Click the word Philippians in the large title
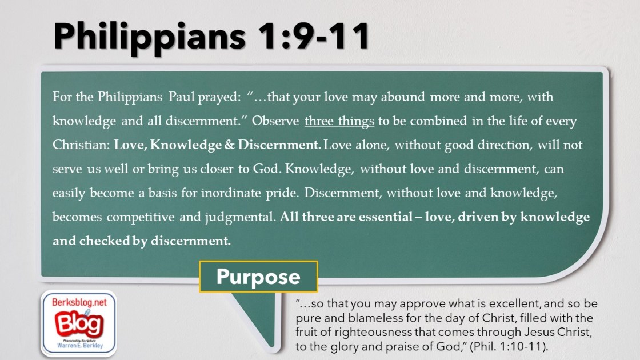(x=149, y=37)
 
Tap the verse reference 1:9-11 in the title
(x=314, y=36)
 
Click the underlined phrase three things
(x=339, y=121)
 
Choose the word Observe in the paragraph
(x=275, y=121)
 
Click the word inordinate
(x=231, y=193)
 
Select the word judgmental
(x=241, y=217)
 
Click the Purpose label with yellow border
(x=258, y=277)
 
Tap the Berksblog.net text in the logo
(x=79, y=302)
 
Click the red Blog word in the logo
(x=79, y=323)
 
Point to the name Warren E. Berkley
(x=80, y=346)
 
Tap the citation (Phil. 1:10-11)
(x=509, y=346)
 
